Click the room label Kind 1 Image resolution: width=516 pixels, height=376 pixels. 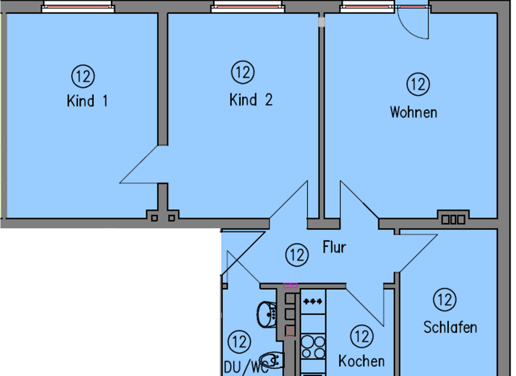click(x=87, y=101)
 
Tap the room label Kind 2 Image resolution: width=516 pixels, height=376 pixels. click(x=251, y=100)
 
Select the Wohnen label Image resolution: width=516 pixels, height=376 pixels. click(x=413, y=112)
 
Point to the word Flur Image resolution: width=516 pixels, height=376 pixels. click(x=334, y=247)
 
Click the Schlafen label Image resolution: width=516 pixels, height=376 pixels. click(x=450, y=327)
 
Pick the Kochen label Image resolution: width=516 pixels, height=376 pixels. click(x=361, y=361)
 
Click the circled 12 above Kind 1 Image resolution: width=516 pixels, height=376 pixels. click(x=84, y=76)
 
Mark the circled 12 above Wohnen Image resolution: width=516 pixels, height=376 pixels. click(x=418, y=85)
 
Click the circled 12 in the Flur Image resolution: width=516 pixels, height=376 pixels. click(x=296, y=255)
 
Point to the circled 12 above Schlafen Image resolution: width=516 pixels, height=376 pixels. click(x=444, y=299)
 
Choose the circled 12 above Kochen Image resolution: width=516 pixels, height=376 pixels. click(x=362, y=336)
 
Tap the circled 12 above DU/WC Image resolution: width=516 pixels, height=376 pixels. click(x=239, y=342)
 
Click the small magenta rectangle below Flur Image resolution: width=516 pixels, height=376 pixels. click(x=290, y=285)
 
